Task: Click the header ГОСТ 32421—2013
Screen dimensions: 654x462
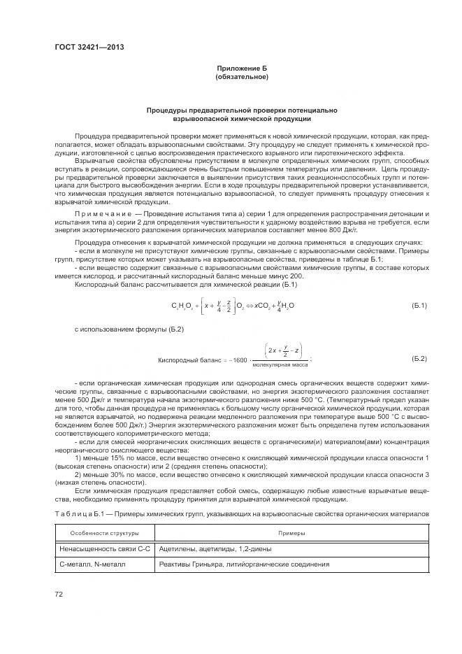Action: click(x=83, y=48)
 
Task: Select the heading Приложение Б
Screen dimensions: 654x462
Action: click(x=242, y=68)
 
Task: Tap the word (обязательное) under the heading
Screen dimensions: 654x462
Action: click(x=242, y=76)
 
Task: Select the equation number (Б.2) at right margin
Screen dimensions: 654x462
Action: click(x=418, y=358)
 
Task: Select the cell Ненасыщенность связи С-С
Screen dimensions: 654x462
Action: click(x=105, y=549)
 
